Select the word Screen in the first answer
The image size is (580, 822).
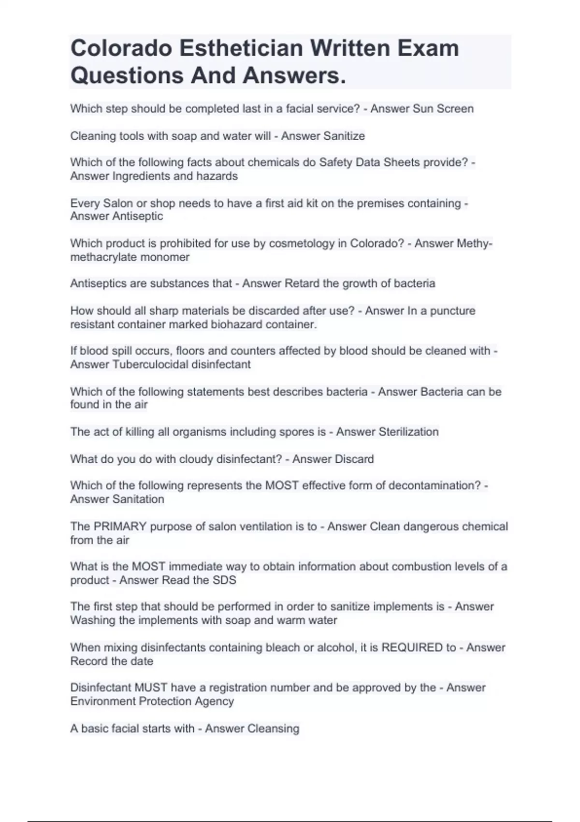click(x=455, y=109)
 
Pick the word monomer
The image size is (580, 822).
click(x=170, y=257)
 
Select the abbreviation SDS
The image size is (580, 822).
click(x=224, y=580)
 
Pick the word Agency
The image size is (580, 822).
click(x=214, y=701)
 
